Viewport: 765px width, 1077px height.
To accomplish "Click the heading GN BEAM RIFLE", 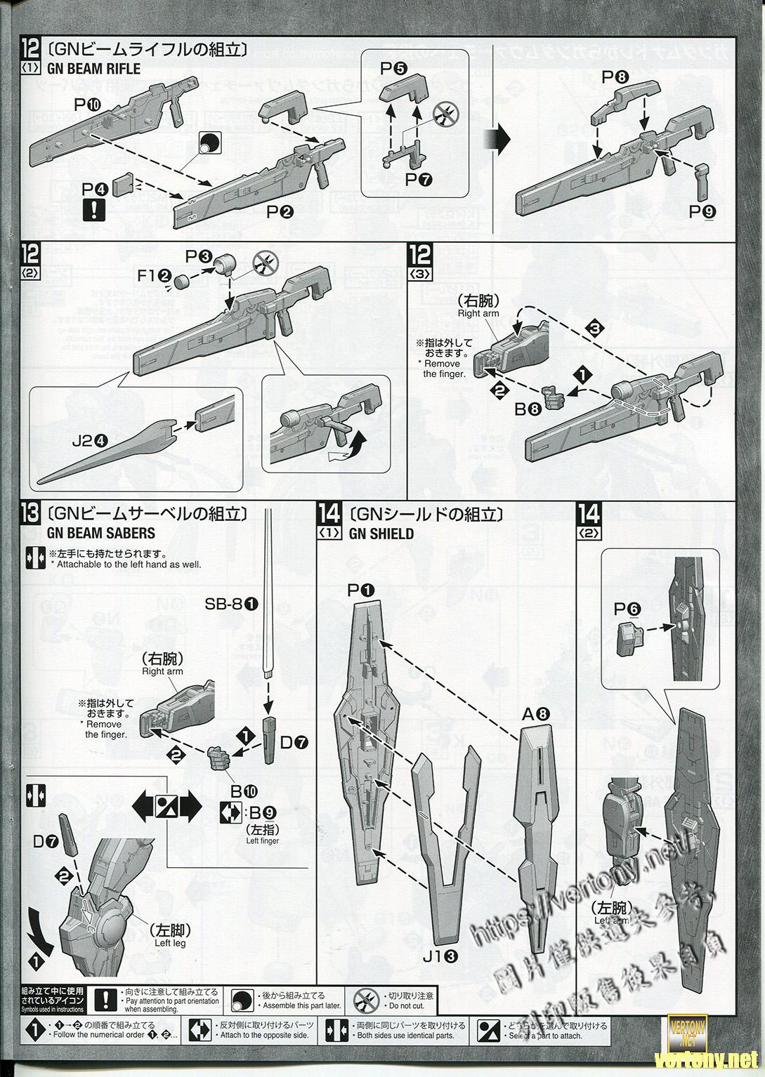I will (x=93, y=69).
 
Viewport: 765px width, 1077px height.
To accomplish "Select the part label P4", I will (x=94, y=189).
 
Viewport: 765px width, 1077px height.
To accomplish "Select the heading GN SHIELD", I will (x=381, y=533).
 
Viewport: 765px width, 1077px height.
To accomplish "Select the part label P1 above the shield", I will (x=362, y=592).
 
